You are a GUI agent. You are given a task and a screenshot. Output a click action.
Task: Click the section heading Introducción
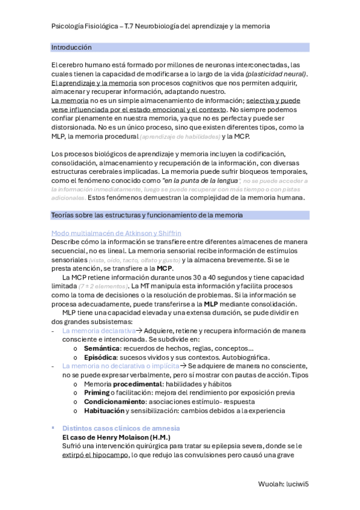[x=72, y=47]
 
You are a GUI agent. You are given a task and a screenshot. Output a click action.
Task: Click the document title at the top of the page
[x=160, y=26]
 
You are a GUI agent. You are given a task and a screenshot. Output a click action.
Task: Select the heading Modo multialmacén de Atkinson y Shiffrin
[x=116, y=233]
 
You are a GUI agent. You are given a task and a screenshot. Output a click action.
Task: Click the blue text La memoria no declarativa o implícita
[x=120, y=366]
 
